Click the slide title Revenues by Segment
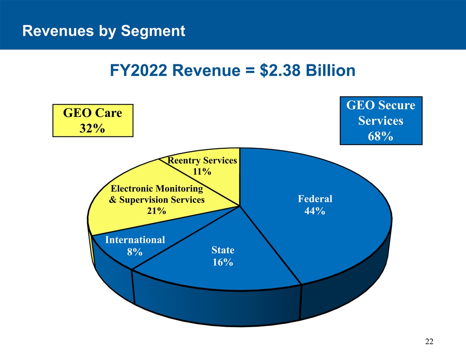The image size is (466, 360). click(104, 31)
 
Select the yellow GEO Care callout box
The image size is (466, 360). click(93, 120)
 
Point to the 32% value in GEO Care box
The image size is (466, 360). click(93, 128)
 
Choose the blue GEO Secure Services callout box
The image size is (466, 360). click(381, 120)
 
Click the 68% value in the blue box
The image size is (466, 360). click(381, 136)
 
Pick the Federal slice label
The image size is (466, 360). click(315, 199)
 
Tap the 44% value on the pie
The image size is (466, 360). click(315, 211)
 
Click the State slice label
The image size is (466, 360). click(223, 250)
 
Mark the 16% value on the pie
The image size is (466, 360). click(223, 262)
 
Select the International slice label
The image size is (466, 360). click(135, 240)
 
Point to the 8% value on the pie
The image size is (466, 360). click(135, 252)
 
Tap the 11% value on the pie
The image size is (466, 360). click(202, 172)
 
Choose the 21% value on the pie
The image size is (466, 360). click(156, 210)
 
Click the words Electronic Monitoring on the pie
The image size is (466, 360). click(157, 189)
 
